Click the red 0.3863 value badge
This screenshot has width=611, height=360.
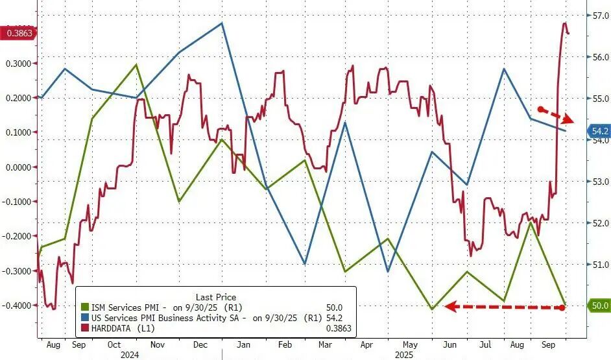(19, 32)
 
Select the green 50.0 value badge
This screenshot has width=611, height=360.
(598, 306)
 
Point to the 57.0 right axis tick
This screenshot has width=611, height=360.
(598, 16)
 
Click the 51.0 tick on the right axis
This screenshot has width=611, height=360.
(598, 265)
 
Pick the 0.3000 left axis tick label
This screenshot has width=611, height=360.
(18, 64)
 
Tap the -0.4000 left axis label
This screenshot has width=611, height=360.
(18, 306)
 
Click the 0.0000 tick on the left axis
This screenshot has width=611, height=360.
(18, 167)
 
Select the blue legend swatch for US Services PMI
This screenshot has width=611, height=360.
(84, 318)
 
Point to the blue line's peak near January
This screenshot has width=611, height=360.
(222, 23)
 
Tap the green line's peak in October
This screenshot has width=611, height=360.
(136, 64)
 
